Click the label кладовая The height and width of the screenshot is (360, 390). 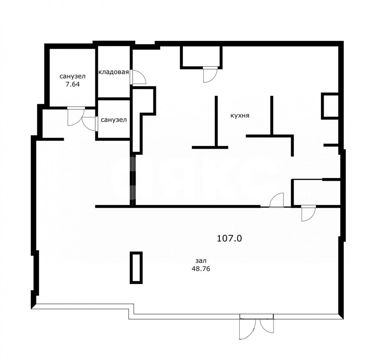point(114,72)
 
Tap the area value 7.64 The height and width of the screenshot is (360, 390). point(72,84)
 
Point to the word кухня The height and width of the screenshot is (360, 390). point(240,116)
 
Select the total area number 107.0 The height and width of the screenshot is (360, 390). point(229,239)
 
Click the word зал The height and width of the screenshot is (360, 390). point(201,261)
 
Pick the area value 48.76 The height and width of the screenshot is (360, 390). point(201,269)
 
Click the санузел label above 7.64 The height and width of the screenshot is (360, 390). point(72,76)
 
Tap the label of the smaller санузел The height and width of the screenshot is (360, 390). point(114,120)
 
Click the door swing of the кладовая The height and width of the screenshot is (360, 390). point(138,77)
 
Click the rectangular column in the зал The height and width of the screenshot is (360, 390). point(136,268)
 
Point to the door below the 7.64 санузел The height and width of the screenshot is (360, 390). point(75,116)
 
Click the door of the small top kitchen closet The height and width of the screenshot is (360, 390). point(210,75)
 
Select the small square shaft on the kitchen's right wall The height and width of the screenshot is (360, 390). point(330,106)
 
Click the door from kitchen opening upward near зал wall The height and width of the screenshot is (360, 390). point(277,200)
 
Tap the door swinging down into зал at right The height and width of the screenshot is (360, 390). point(308,213)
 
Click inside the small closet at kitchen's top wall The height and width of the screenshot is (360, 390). point(201,56)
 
